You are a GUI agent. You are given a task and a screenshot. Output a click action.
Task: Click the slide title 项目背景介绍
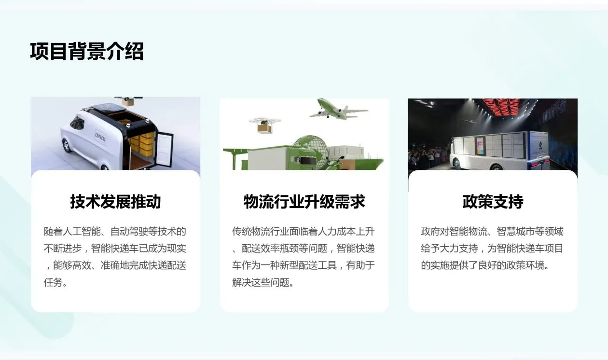[x=87, y=52]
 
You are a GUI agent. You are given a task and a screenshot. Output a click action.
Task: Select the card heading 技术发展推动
[x=115, y=201]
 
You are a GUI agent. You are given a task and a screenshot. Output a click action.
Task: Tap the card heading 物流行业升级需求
[x=304, y=201]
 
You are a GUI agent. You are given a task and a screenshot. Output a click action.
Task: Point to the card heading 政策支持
[x=493, y=201]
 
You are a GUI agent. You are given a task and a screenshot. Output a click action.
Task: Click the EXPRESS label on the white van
[x=100, y=137]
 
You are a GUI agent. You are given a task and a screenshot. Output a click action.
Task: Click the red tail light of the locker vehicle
[x=534, y=164]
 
